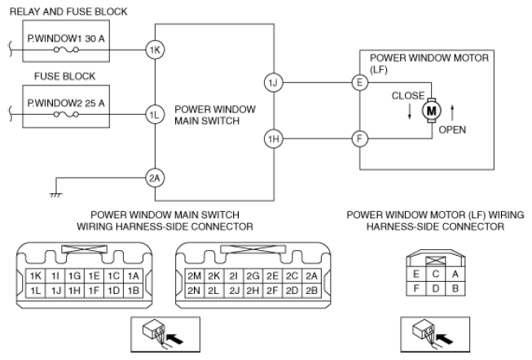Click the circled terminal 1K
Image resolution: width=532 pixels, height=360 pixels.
155,50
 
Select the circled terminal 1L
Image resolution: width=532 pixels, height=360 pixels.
155,115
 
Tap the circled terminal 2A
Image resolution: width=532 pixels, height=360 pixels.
155,178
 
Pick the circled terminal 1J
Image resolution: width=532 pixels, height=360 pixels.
272,82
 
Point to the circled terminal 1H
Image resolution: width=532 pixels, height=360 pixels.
272,139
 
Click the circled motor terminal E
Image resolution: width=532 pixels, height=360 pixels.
359,82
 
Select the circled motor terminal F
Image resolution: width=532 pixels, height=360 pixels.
359,139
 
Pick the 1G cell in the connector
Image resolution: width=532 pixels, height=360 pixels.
74,276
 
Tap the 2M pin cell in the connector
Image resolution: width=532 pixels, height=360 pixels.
195,276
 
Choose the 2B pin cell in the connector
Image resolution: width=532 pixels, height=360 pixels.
312,290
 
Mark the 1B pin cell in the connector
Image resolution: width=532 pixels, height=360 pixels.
134,290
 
